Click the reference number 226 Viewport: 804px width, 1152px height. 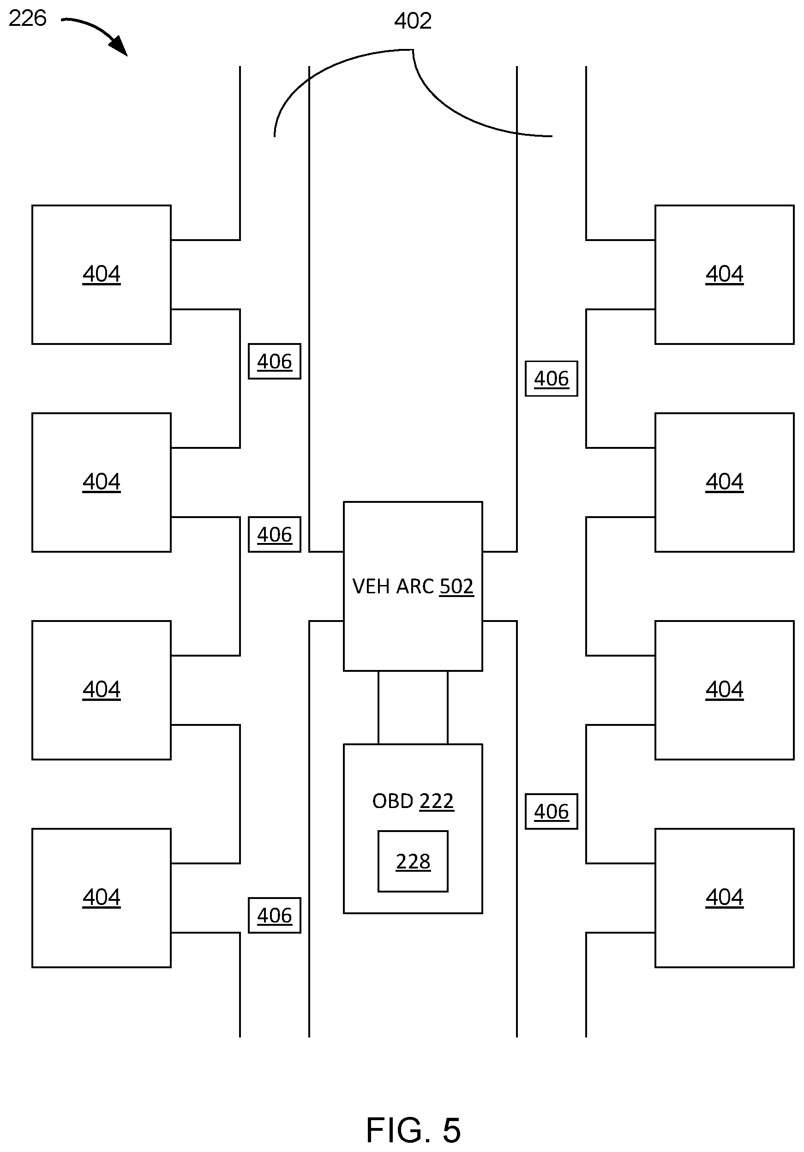coord(28,18)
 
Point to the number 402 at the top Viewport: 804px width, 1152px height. coord(413,21)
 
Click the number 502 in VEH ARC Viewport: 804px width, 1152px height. coord(456,586)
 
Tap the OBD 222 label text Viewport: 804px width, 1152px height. coord(413,801)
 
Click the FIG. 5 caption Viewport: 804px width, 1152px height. coord(413,1130)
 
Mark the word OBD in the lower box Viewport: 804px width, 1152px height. coord(393,801)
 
